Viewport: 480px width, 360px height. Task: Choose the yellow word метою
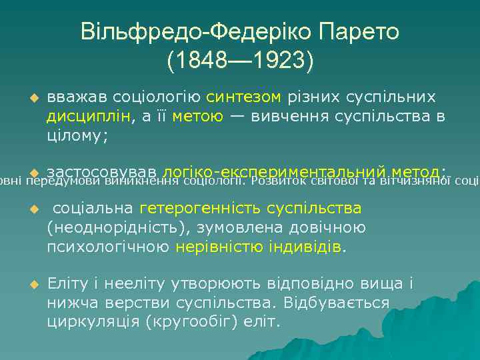point(197,117)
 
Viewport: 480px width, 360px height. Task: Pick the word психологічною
point(108,247)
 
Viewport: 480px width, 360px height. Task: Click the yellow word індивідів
point(306,247)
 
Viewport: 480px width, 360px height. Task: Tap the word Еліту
point(67,283)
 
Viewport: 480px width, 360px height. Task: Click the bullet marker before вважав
point(27,98)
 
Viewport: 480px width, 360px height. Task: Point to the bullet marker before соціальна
point(27,209)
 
